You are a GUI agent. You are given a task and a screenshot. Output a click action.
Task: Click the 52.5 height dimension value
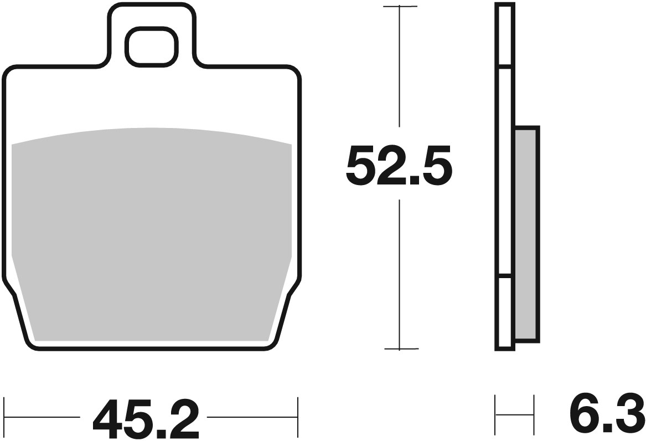point(399,165)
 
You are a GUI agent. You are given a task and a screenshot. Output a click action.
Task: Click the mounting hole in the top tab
point(151,46)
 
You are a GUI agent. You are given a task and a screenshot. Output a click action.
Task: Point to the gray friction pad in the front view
point(151,233)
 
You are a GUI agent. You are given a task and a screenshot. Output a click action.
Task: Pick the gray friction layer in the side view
point(526,233)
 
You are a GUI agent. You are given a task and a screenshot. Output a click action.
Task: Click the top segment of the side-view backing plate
point(504,36)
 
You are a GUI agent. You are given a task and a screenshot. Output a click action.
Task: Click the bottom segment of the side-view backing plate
point(504,313)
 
